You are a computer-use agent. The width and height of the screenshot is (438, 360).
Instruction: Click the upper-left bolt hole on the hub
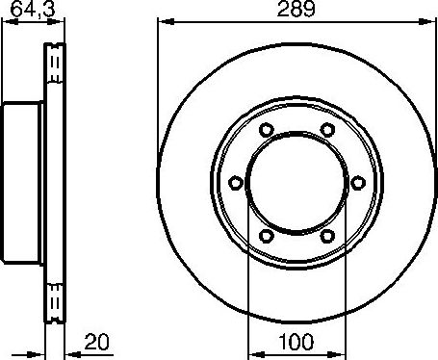[x=265, y=129]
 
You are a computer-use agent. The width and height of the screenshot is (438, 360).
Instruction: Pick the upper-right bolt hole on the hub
[x=327, y=129]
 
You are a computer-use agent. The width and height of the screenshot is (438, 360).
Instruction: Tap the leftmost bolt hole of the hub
[x=234, y=181]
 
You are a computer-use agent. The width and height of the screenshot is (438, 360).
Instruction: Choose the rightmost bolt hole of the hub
[x=358, y=181]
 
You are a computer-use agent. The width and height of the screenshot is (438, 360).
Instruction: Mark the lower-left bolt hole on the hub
[x=265, y=234]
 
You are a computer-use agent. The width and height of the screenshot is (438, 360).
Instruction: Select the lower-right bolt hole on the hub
[x=327, y=234]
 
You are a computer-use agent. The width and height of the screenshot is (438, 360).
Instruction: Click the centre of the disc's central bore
[x=296, y=181]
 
